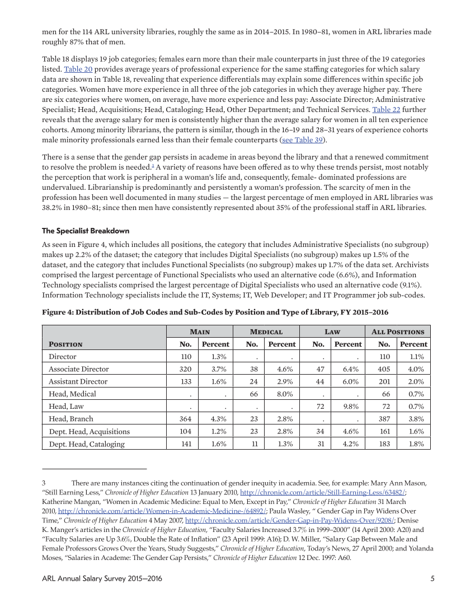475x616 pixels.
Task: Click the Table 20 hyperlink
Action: (x=78, y=69)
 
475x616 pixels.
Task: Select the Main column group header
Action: (x=199, y=332)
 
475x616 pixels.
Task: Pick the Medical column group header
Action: (x=266, y=332)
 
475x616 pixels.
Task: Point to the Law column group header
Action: (x=332, y=332)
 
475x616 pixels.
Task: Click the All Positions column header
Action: (x=398, y=332)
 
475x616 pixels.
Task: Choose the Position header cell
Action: (x=65, y=344)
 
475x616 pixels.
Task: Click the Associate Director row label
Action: (x=79, y=369)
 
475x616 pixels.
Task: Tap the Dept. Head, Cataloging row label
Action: (x=87, y=444)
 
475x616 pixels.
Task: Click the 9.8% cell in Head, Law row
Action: (x=350, y=406)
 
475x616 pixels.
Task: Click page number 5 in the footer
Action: (x=432, y=578)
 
